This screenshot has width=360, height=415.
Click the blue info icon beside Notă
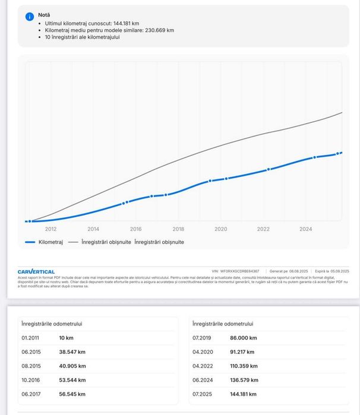click(x=29, y=16)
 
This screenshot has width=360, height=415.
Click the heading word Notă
click(x=44, y=15)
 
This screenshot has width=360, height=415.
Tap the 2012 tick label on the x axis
click(x=51, y=229)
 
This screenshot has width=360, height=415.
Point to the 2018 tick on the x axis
click(x=178, y=229)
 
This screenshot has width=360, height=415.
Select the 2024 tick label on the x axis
click(x=306, y=229)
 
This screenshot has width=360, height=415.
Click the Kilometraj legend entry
click(x=45, y=242)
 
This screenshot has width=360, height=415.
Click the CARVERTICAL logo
click(x=36, y=271)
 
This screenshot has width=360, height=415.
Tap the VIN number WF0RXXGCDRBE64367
click(x=239, y=271)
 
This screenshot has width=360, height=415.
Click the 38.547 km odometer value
click(x=72, y=352)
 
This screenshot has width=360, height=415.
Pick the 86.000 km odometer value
click(x=244, y=338)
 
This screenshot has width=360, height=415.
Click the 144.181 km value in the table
click(x=244, y=394)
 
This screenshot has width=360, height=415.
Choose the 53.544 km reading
click(x=72, y=380)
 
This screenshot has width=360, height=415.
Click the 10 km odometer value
click(x=66, y=338)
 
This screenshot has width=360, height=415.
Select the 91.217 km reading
click(x=244, y=352)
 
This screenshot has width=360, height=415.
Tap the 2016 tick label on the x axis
click(x=136, y=229)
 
